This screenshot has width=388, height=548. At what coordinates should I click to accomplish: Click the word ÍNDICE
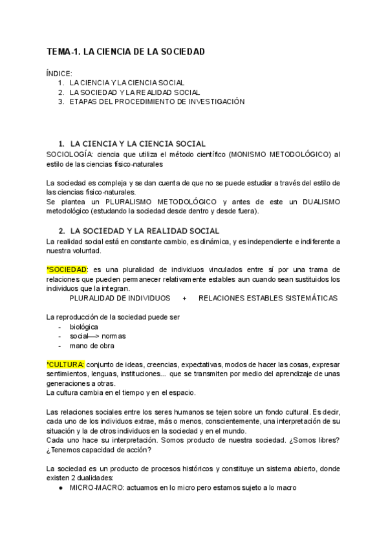tap(59, 74)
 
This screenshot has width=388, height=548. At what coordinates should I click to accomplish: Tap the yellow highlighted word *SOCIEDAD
tap(67, 269)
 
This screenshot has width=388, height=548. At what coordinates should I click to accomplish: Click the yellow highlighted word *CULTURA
tap(65, 364)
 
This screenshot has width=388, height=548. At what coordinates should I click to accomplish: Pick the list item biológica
tap(84, 327)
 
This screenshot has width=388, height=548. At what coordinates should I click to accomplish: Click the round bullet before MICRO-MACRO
tap(60, 488)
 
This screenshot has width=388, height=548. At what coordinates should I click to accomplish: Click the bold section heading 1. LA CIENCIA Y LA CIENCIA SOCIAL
tap(137, 143)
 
